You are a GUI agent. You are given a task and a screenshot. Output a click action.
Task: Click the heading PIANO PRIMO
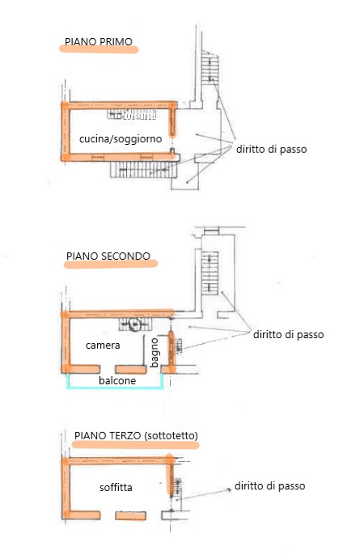[x=99, y=41]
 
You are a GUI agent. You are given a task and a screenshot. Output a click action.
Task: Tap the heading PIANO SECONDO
[x=108, y=256]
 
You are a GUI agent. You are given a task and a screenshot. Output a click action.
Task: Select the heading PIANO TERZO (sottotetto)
[x=136, y=435]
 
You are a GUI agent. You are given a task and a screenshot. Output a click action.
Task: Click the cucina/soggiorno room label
[x=121, y=139]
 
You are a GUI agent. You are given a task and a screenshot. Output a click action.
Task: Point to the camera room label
[x=103, y=345]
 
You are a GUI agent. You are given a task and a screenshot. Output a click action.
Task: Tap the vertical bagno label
[x=155, y=353]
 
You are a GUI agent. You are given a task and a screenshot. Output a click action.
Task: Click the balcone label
[x=117, y=380]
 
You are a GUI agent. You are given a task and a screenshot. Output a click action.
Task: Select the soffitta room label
[x=116, y=487]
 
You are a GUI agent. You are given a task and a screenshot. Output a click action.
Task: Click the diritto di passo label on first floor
[x=271, y=150]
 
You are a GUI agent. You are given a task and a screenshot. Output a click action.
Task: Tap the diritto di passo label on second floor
[x=288, y=334]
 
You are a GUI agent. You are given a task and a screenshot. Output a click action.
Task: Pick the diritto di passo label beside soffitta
[x=269, y=485]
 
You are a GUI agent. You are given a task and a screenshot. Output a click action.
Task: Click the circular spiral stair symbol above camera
[x=134, y=324]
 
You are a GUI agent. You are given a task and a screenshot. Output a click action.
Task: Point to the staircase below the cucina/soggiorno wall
[x=143, y=170]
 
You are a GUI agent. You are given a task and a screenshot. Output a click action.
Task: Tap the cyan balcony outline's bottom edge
[x=116, y=388]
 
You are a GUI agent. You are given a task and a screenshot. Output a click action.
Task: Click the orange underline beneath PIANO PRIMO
[x=99, y=49]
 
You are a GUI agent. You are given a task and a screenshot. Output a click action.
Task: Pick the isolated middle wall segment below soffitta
[x=130, y=515]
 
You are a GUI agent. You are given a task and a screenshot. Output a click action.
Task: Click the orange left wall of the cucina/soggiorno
[x=66, y=131]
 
